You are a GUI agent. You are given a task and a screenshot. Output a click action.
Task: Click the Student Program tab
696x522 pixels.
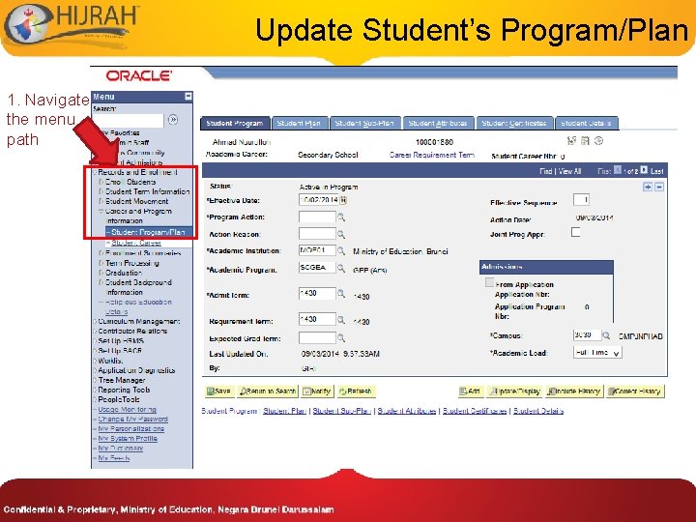[x=235, y=124]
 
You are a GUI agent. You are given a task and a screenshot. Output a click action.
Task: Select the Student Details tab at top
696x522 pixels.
[x=588, y=124]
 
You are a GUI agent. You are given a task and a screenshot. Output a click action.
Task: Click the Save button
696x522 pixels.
[x=217, y=391]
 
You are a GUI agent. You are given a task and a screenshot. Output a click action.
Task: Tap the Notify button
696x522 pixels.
[x=317, y=391]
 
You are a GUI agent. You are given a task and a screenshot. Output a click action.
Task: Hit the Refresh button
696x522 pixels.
[x=355, y=391]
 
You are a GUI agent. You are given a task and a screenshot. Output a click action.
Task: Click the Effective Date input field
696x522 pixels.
[x=317, y=200]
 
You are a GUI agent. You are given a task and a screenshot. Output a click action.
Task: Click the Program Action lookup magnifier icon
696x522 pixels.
[x=341, y=217]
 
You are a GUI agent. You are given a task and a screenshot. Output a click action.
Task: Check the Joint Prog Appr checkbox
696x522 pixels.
[x=576, y=233]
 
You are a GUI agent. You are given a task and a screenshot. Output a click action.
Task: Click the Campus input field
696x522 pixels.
[x=586, y=335]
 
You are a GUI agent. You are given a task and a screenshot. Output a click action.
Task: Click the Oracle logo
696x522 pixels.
[x=139, y=75]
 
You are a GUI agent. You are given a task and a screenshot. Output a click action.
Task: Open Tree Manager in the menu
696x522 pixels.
[x=122, y=380]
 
